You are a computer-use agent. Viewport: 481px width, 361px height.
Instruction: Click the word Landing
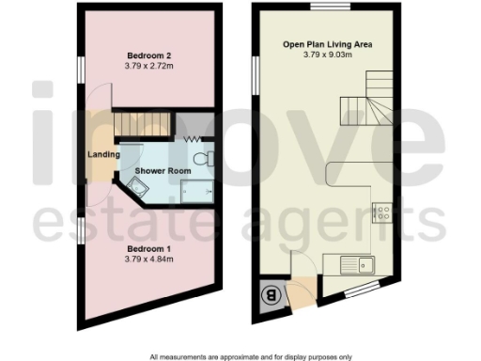[101, 154]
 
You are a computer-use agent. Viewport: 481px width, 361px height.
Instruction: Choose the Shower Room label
[163, 171]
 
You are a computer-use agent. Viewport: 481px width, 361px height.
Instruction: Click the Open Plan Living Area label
[325, 44]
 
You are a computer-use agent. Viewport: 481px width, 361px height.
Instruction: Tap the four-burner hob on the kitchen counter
[382, 214]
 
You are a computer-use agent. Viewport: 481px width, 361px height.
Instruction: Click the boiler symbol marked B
[271, 295]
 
